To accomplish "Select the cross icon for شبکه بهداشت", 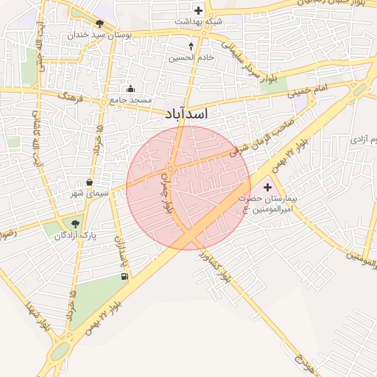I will coord(198,10).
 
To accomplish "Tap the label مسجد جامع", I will coord(130,99).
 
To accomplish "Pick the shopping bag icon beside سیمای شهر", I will coord(89,182).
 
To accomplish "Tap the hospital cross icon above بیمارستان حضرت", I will coord(267,188).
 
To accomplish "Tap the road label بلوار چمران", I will coord(170,199).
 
